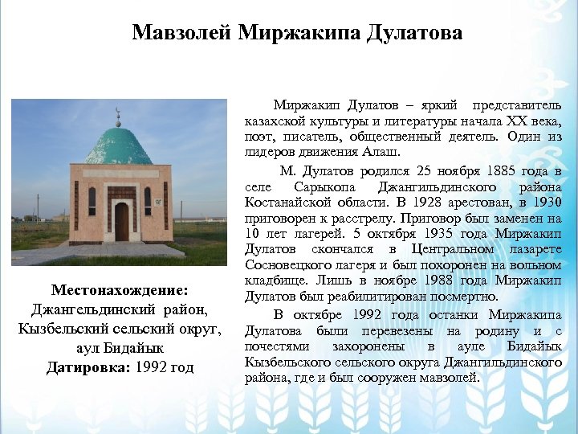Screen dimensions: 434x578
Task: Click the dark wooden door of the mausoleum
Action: (x=121, y=221)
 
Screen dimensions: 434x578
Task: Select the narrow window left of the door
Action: (x=92, y=200)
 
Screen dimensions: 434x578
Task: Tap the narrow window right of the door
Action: (x=148, y=200)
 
